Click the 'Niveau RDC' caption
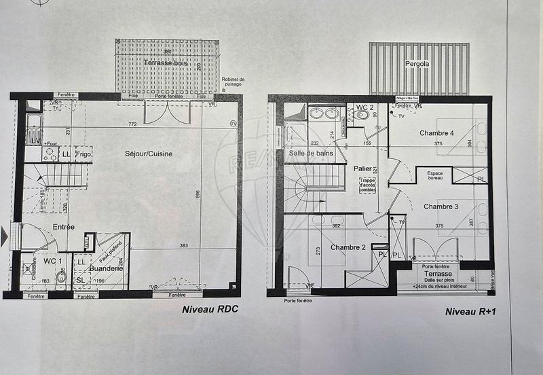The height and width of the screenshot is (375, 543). [210, 310]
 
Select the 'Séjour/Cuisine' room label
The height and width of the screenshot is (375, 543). [149, 154]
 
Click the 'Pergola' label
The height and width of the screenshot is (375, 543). [417, 65]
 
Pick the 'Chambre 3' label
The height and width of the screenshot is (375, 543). [441, 206]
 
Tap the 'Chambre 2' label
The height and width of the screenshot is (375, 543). [348, 247]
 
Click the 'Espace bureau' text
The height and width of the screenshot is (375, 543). [435, 177]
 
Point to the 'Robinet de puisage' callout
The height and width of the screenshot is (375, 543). [233, 83]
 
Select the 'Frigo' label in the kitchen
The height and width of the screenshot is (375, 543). [83, 155]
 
